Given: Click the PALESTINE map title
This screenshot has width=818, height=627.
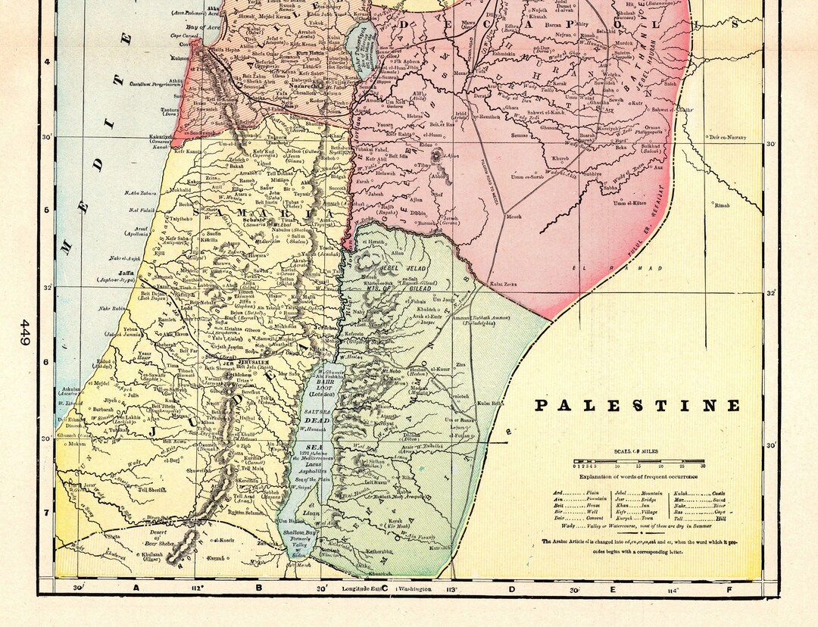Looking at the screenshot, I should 637,405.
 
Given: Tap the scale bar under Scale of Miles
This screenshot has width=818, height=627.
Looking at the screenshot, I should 640,461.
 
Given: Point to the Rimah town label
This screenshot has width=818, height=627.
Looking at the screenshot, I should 722,205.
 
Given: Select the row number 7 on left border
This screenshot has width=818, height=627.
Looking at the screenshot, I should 47,513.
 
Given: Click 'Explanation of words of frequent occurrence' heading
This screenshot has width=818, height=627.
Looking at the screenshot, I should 640,476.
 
